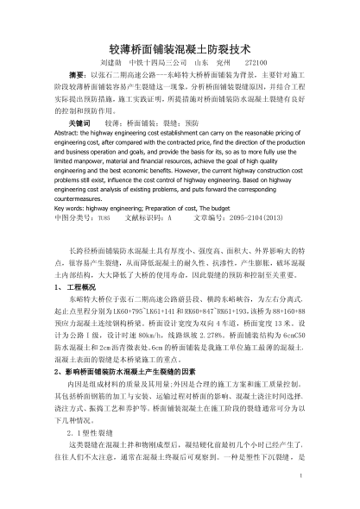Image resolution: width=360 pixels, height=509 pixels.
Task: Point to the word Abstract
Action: click(x=67, y=135)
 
